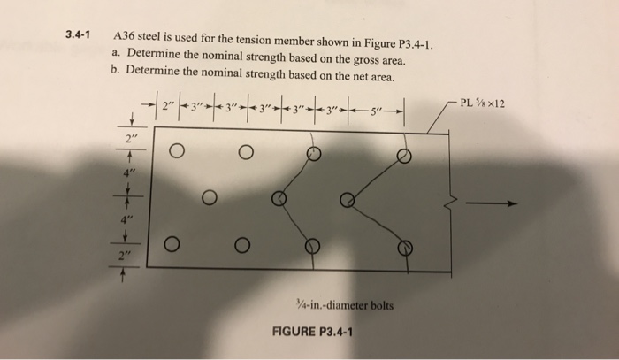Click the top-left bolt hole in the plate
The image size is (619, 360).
[176, 151]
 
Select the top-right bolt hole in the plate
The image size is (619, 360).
[403, 156]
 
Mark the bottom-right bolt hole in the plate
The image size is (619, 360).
[403, 247]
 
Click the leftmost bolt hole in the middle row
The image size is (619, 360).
[209, 196]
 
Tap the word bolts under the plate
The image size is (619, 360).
[378, 306]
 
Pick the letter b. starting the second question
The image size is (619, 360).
[116, 77]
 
